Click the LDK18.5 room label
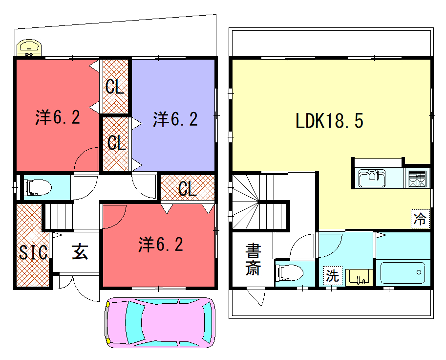pos(329,121)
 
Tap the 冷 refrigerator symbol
pos(420,219)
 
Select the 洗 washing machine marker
pos(332,275)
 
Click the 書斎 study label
pos(253,260)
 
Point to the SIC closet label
pos(33,252)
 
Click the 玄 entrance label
pos(80,251)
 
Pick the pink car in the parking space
pos(160,322)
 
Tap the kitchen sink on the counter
pos(372,178)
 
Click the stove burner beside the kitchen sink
pos(417,178)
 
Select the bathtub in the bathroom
pos(402,273)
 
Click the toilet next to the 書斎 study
pos(290,273)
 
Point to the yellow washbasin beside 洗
pos(359,277)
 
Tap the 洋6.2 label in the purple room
pos(175,119)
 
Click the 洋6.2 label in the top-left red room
pos(57,117)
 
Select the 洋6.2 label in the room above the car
pos(161,244)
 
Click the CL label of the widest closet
pos(187,189)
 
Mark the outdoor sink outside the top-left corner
pos(29,48)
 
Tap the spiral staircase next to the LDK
pos(246,201)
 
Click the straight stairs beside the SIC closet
pos(59,216)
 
